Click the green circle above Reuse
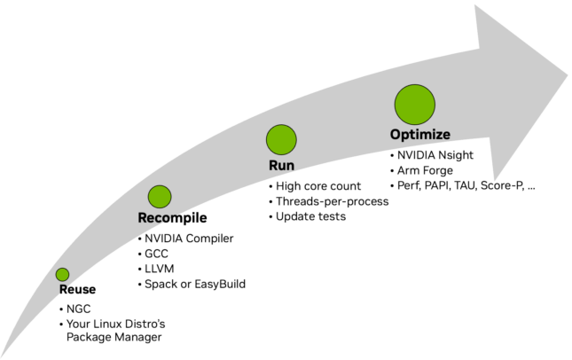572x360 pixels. (62, 275)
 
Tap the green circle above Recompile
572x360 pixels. (160, 197)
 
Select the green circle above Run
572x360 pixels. (281, 140)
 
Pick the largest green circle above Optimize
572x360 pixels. (414, 104)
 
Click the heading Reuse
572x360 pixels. (78, 290)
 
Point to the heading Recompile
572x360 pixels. (173, 218)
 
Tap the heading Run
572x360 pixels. (281, 166)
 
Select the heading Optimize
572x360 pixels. (420, 134)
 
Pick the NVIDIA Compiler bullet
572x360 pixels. (188, 239)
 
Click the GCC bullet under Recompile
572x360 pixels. (156, 254)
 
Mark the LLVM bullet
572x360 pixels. (159, 269)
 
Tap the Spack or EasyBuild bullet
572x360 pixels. (194, 284)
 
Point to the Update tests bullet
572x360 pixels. (309, 215)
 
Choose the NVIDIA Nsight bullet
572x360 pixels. (435, 154)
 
